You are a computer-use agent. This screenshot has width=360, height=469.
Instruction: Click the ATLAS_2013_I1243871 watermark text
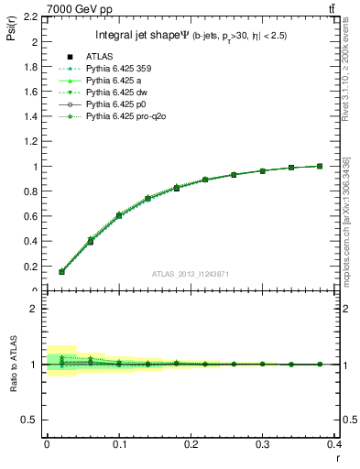click(x=191, y=275)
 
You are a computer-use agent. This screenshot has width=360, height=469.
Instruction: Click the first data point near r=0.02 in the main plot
click(x=61, y=272)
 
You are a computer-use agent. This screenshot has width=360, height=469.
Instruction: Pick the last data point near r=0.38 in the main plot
click(x=320, y=166)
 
